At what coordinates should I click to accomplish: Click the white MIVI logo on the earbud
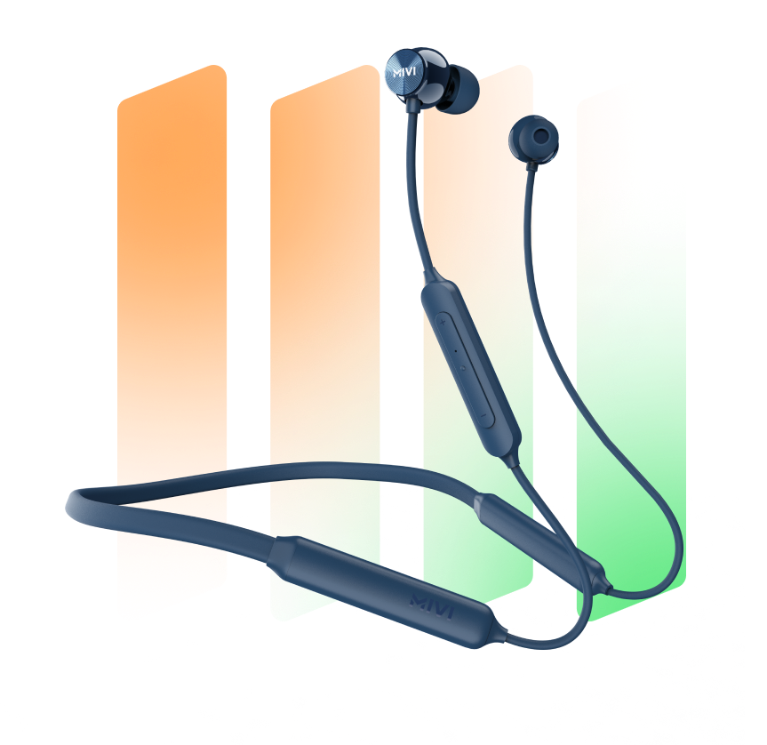pos(404,73)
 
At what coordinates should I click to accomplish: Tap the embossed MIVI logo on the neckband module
pos(432,605)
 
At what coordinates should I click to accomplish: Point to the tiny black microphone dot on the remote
pos(455,351)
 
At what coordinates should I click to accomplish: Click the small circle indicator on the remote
pos(462,367)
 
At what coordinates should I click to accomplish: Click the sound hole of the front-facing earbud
pos(540,136)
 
